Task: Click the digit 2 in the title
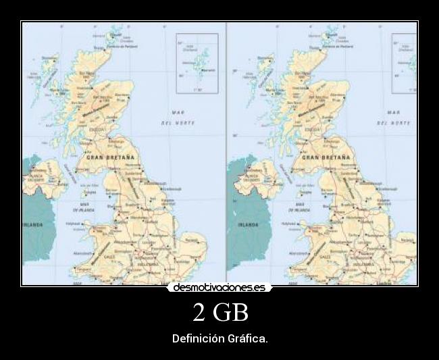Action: point(199,313)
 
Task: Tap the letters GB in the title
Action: point(231,313)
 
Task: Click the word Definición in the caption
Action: point(197,338)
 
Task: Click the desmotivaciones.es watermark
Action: point(219,287)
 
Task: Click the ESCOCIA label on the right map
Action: point(313,128)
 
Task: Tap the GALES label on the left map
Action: point(110,257)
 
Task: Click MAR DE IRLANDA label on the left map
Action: point(86,207)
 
